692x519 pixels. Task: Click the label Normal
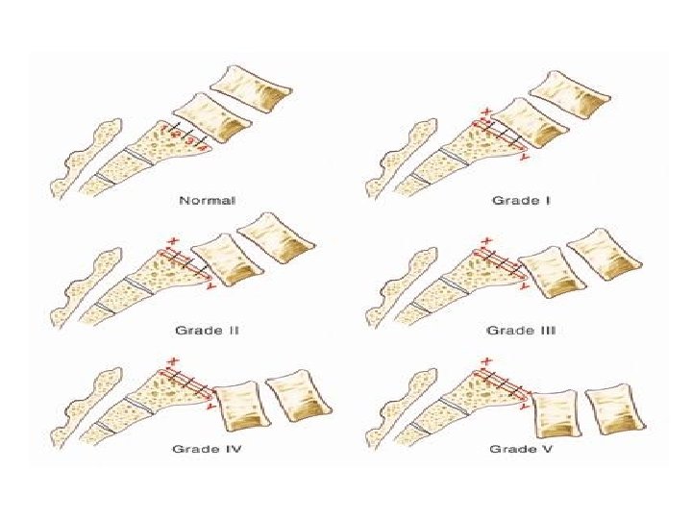point(208,201)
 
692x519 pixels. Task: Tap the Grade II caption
point(208,330)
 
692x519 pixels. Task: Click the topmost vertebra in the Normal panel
point(253,90)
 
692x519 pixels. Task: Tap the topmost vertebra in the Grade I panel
point(568,95)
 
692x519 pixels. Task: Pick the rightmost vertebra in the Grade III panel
point(603,256)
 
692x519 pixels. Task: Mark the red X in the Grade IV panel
point(172,361)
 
